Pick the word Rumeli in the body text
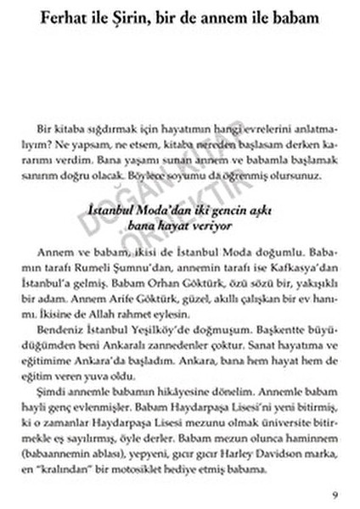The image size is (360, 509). pos(103,269)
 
